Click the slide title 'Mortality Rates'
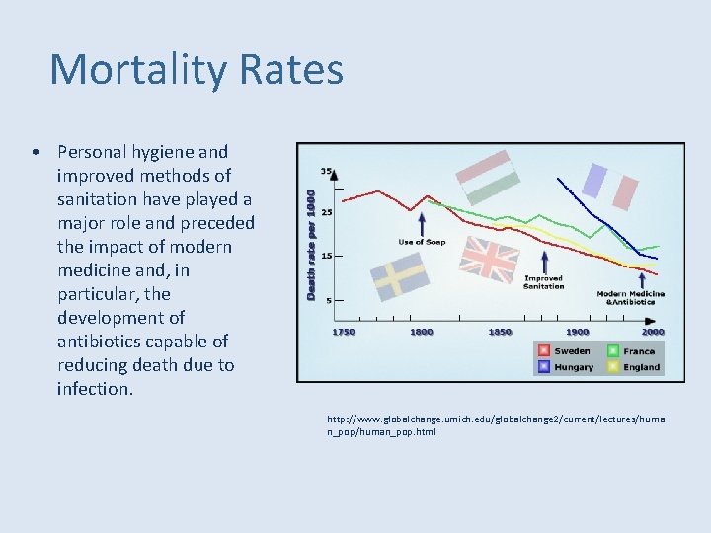point(197,70)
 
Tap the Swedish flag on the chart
point(399,277)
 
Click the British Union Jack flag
point(490,260)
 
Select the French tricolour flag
point(609,186)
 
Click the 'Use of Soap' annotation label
point(423,242)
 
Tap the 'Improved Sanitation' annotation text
point(543,282)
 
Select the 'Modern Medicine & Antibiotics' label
point(630,297)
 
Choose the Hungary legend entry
point(565,367)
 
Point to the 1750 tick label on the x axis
point(343,333)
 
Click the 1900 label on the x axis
point(577,333)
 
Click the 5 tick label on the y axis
point(328,300)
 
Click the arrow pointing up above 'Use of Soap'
point(423,222)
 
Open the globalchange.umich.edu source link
point(496,425)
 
